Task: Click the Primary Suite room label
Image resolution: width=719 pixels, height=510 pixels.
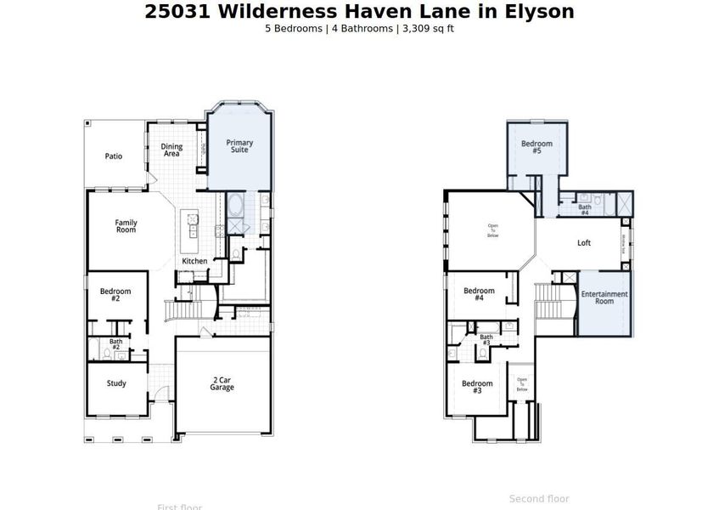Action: tap(239, 146)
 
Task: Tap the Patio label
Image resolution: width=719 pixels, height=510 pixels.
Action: tap(114, 156)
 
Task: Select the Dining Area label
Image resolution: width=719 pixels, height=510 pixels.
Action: tap(171, 150)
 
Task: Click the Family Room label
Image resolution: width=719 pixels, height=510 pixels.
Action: tap(126, 226)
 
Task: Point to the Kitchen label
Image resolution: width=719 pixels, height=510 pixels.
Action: tap(194, 261)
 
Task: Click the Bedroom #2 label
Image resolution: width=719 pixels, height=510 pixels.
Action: tap(115, 294)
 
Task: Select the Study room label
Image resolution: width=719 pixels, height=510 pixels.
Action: tap(116, 383)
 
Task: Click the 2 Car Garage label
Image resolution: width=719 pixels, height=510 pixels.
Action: tap(222, 383)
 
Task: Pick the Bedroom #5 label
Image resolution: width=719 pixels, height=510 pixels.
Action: tap(536, 147)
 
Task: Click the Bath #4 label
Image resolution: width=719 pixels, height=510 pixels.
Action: tap(585, 210)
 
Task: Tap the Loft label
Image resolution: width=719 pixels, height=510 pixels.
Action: tap(584, 243)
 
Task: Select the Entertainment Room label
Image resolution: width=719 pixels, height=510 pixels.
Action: tap(604, 297)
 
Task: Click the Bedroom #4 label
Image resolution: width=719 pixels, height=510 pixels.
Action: tap(479, 294)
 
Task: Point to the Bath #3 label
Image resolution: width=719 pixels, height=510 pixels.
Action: tap(486, 340)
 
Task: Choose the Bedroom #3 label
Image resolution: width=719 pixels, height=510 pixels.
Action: tap(477, 387)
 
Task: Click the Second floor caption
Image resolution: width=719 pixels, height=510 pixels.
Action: tap(539, 499)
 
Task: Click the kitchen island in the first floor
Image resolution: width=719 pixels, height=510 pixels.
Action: tap(194, 225)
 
